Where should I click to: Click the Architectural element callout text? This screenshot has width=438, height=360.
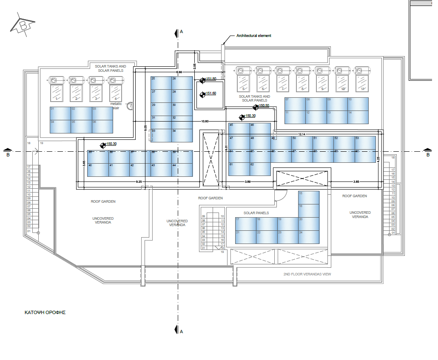(253, 36)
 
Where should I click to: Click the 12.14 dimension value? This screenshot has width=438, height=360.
(301, 134)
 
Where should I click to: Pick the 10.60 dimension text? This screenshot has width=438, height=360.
(205, 122)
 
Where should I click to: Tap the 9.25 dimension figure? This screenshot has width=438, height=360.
(139, 182)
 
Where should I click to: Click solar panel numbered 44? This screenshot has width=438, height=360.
(182, 170)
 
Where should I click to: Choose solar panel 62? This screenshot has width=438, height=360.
(260, 169)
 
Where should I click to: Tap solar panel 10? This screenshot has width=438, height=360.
(358, 105)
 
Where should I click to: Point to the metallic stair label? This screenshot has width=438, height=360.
(116, 105)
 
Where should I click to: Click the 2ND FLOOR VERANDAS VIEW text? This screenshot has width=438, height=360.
(307, 274)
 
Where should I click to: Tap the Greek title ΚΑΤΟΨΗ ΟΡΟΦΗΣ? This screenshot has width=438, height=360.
(45, 312)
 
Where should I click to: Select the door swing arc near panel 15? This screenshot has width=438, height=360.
(281, 196)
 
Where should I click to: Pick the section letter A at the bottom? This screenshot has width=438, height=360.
(181, 331)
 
